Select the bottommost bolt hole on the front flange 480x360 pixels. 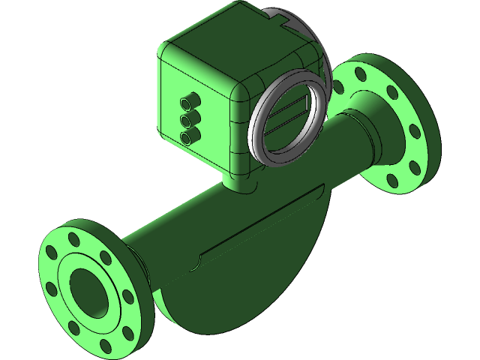(x=109, y=346)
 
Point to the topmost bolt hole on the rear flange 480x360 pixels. (x=359, y=73)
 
